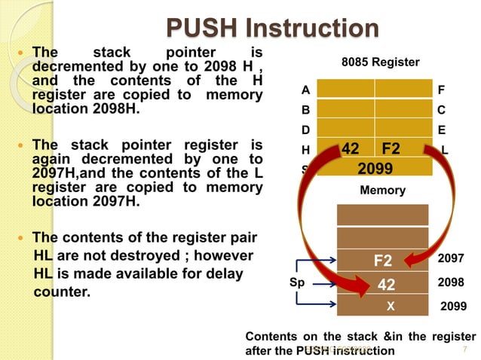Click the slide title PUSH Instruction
click(x=272, y=28)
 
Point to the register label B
click(x=305, y=109)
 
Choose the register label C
click(x=441, y=109)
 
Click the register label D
click(x=305, y=129)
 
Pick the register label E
click(x=441, y=129)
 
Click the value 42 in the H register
click(x=350, y=148)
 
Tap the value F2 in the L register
click(x=392, y=148)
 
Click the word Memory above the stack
click(x=382, y=191)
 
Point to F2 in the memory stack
click(x=383, y=261)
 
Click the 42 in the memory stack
click(x=386, y=285)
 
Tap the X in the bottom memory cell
click(x=390, y=307)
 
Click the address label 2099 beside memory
click(x=453, y=307)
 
